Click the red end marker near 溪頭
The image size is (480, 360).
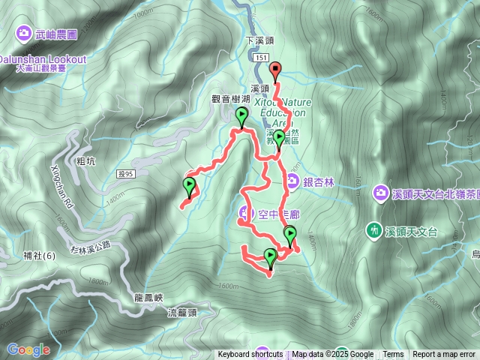[274, 71]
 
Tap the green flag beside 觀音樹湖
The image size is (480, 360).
[241, 115]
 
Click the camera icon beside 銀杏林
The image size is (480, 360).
[292, 181]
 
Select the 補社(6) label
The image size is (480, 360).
[39, 255]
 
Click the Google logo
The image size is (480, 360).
[28, 349]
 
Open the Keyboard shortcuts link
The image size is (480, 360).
[250, 355]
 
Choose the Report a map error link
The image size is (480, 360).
[444, 355]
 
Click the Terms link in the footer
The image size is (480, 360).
[393, 355]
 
